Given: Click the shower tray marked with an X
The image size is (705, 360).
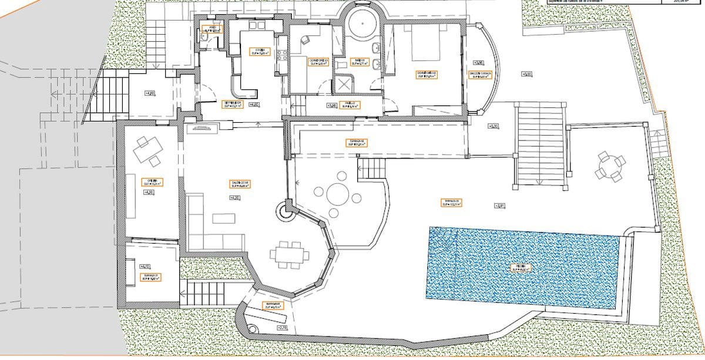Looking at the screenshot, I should click(343, 84).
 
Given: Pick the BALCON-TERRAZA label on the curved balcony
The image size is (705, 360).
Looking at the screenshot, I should click(480, 75).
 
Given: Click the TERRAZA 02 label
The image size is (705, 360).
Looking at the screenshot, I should click(355, 142).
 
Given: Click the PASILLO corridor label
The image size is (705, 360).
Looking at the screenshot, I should click(350, 106).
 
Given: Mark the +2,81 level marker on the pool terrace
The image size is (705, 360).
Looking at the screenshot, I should click(500, 206).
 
